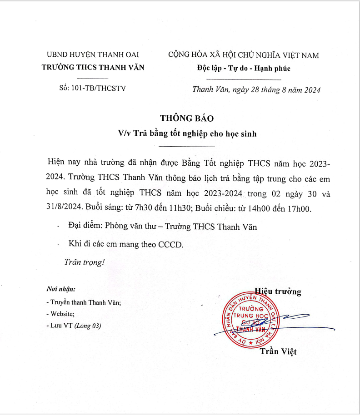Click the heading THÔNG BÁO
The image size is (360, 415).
(x=186, y=118)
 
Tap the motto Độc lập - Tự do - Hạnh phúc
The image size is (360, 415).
(x=244, y=69)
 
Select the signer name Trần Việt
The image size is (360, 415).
(x=278, y=351)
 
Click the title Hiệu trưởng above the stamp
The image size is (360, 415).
(x=278, y=291)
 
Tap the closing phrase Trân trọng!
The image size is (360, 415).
(x=85, y=262)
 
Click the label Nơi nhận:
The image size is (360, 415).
(x=61, y=289)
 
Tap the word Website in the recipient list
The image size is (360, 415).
(x=62, y=314)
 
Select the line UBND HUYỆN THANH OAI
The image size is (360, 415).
(x=93, y=55)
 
